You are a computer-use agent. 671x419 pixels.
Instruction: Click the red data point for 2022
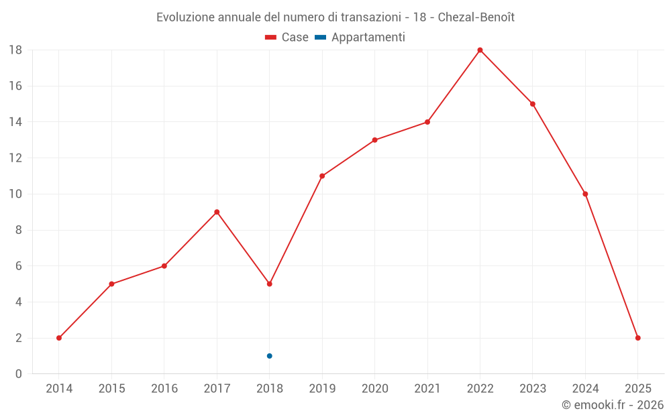point(480,50)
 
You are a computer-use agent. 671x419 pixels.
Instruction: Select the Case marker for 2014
point(59,338)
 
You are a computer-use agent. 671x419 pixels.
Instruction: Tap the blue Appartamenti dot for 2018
point(269,356)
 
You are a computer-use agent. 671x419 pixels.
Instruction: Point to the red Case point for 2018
point(269,284)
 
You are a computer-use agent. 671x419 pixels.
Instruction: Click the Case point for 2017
point(217,212)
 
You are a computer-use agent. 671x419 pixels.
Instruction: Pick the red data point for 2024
point(585,194)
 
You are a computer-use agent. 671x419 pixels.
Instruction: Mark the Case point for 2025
point(637,338)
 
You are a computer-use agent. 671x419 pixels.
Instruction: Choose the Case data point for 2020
point(374,140)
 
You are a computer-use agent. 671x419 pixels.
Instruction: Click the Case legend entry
point(287,38)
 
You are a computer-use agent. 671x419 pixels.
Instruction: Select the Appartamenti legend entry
point(360,38)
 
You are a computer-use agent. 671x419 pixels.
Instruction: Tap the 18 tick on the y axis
point(15,50)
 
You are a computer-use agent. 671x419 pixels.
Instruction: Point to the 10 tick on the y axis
point(15,194)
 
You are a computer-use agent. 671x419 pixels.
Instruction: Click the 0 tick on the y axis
point(19,374)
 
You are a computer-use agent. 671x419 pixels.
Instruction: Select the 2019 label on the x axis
point(322,388)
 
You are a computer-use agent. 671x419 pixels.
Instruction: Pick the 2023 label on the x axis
point(533,388)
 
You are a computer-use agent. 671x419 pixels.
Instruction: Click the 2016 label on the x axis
point(164,388)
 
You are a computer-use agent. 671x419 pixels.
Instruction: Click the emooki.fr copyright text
point(612,405)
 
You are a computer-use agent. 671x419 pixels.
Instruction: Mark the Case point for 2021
point(427,122)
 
